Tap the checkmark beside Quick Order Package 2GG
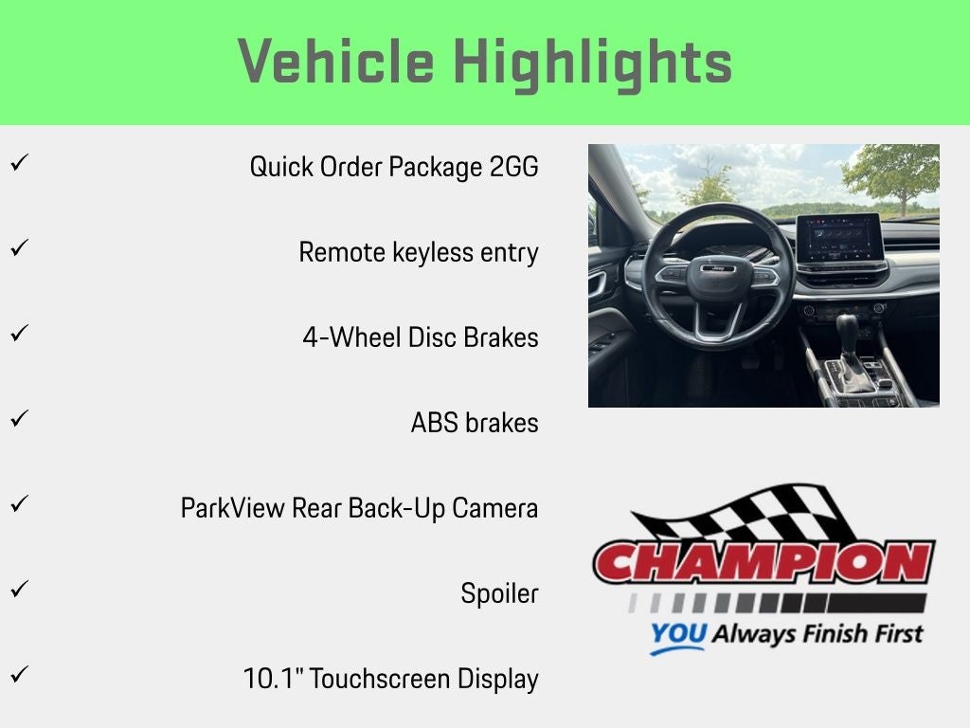tap(19, 163)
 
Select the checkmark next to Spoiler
tap(19, 589)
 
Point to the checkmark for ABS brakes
tap(19, 418)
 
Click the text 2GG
tap(513, 167)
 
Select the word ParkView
tap(232, 508)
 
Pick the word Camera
tap(494, 508)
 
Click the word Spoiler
tap(500, 593)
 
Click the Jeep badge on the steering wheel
tap(718, 268)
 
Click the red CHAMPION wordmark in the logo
tap(763, 561)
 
